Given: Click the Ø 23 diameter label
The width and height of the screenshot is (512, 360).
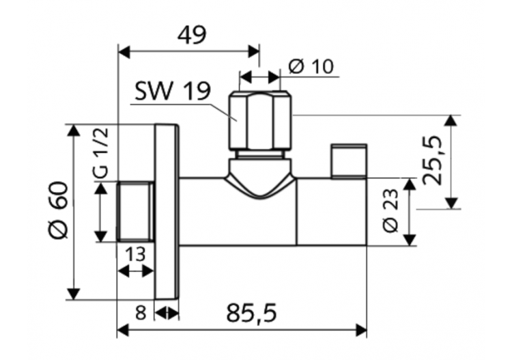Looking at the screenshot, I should [x=390, y=211].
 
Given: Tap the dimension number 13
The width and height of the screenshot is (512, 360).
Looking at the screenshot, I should [x=135, y=254].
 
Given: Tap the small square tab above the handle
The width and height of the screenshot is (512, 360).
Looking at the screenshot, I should [x=348, y=160].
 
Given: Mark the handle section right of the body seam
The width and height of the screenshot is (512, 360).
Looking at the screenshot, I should [x=332, y=212].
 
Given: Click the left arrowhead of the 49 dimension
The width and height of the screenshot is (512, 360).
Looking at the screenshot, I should [x=123, y=51].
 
